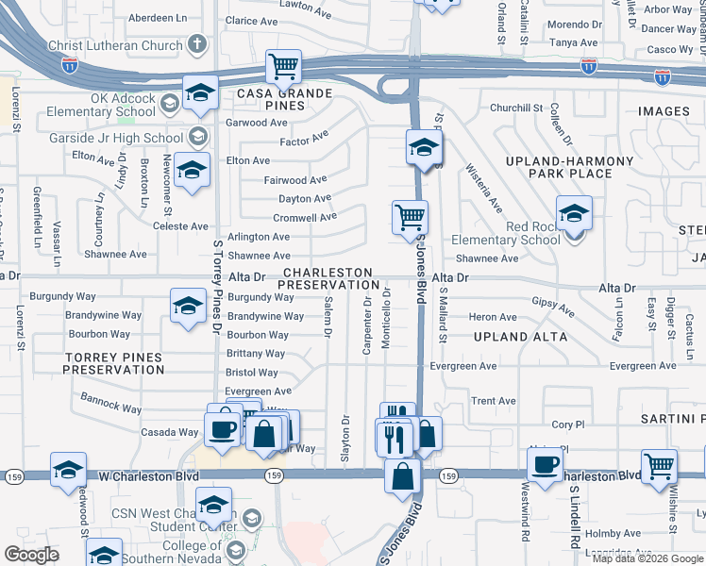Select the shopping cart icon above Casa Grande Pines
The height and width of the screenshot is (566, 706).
pyautogui.click(x=283, y=66)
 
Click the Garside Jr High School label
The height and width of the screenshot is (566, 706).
pyautogui.click(x=115, y=138)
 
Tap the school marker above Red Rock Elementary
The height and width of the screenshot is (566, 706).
pyautogui.click(x=573, y=212)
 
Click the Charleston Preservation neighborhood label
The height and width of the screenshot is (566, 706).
pyautogui.click(x=328, y=278)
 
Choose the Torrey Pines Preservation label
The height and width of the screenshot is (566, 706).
pyautogui.click(x=113, y=363)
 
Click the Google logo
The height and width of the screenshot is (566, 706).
pyautogui.click(x=32, y=555)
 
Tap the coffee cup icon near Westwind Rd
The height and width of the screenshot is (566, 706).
pyautogui.click(x=546, y=465)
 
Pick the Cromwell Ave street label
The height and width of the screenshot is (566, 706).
pyautogui.click(x=305, y=217)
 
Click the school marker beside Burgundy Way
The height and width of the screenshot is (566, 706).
pyautogui.click(x=188, y=306)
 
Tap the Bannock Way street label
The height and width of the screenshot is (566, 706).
pyautogui.click(x=111, y=405)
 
